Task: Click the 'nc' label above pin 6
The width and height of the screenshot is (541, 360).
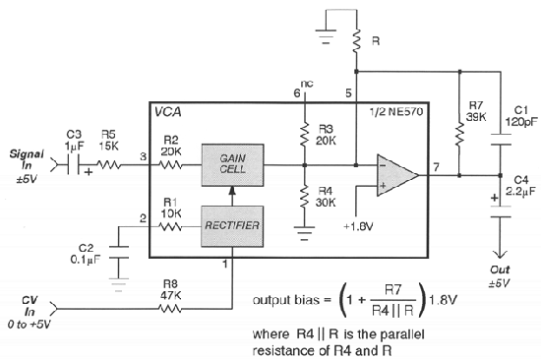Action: [x=309, y=82]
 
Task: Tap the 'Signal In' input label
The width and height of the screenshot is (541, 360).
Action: [x=27, y=161]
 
